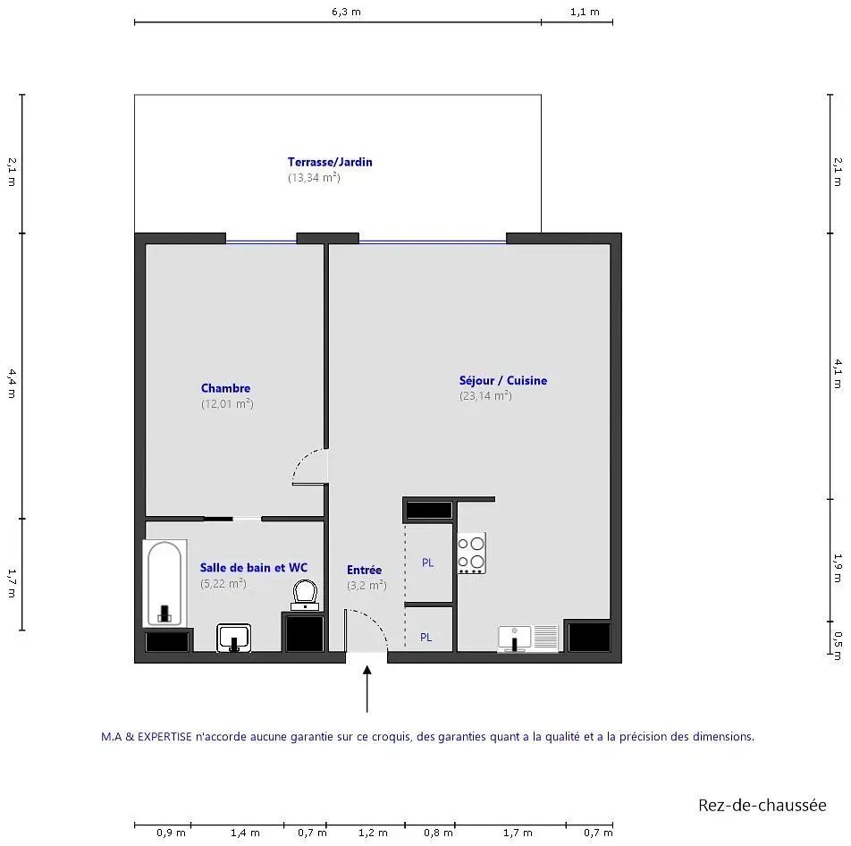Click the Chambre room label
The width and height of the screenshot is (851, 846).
pyautogui.click(x=226, y=388)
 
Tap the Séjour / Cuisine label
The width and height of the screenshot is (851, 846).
pyautogui.click(x=503, y=381)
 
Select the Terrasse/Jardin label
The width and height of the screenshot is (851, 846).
pyautogui.click(x=330, y=162)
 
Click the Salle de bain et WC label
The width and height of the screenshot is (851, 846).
pyautogui.click(x=254, y=568)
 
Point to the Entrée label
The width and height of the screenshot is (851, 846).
pyautogui.click(x=364, y=570)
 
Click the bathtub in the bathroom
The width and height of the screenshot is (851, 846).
pyautogui.click(x=165, y=583)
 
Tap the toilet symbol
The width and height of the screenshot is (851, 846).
pyautogui.click(x=305, y=595)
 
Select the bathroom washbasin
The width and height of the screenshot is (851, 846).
pyautogui.click(x=234, y=638)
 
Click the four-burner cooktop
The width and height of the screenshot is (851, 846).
pyautogui.click(x=471, y=553)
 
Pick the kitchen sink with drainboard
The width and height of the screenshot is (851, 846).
pyautogui.click(x=528, y=639)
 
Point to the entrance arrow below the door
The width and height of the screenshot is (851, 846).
pyautogui.click(x=367, y=689)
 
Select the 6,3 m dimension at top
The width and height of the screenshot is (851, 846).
pyautogui.click(x=346, y=12)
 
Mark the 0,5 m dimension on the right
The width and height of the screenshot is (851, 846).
pyautogui.click(x=838, y=639)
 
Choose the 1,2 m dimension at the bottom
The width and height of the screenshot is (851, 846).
pyautogui.click(x=373, y=833)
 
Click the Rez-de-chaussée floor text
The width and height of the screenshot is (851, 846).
pyautogui.click(x=762, y=805)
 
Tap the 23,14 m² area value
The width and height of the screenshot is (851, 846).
pyautogui.click(x=485, y=396)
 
